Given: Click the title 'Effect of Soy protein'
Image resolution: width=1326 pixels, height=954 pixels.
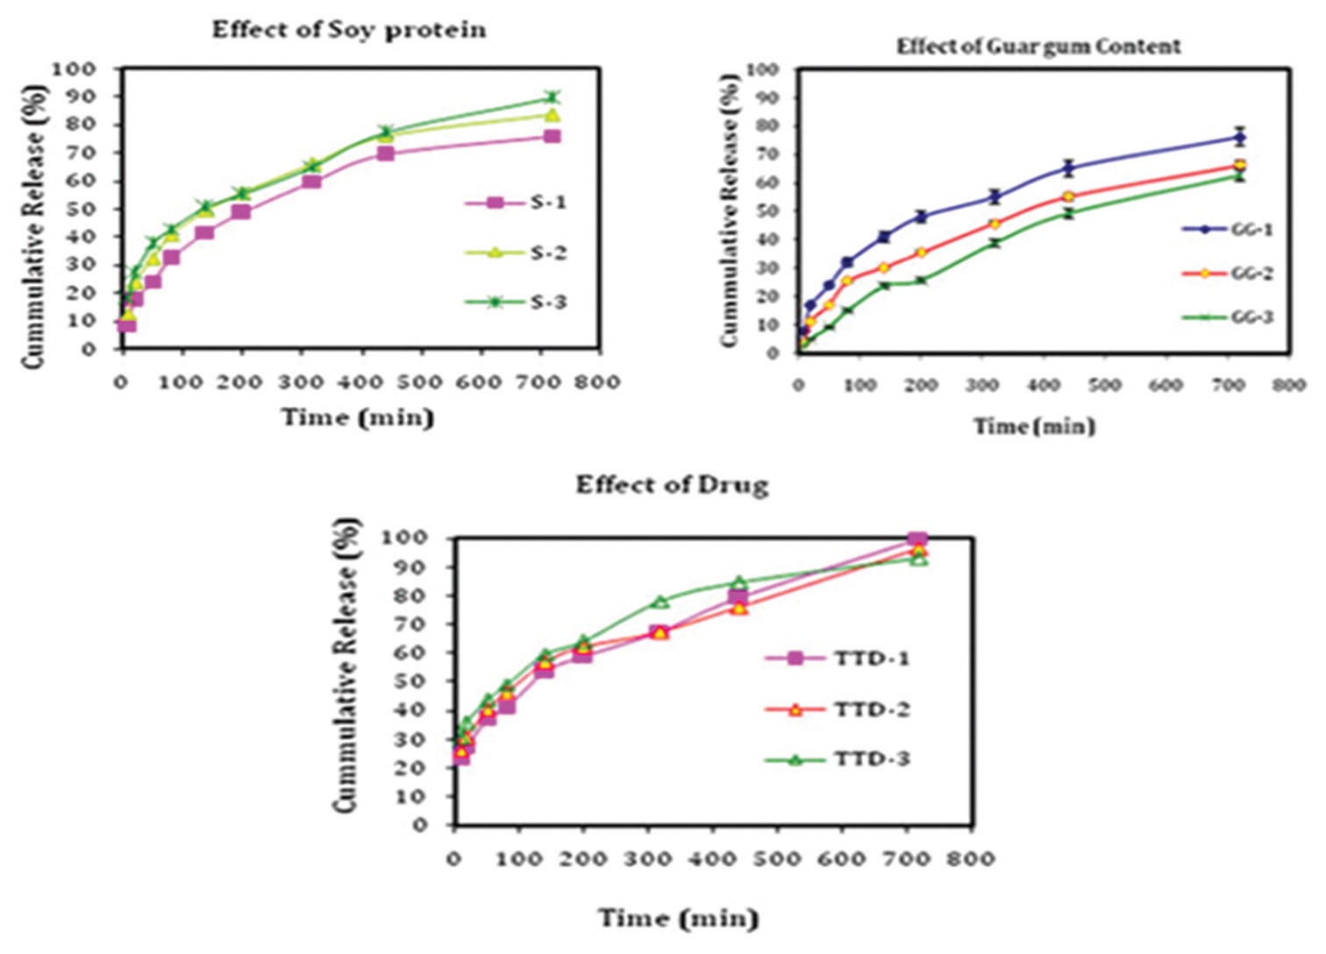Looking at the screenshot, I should point(349,30).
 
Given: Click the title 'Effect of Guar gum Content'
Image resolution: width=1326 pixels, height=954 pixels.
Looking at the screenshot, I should point(1038,46).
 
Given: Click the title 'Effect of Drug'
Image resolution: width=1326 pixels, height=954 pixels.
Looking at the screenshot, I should point(672,485).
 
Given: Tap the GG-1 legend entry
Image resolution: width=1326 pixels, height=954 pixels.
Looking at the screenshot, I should point(1227,230).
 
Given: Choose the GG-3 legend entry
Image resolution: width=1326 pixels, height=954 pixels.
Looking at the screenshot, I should point(1227,317).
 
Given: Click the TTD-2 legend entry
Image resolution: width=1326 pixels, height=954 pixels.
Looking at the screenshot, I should point(837,709).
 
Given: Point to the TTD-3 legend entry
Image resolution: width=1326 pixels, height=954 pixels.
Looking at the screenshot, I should point(837,759).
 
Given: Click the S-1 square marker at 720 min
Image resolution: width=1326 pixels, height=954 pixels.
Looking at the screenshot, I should point(552,136).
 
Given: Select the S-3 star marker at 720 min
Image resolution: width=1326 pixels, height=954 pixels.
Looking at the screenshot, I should point(552,97).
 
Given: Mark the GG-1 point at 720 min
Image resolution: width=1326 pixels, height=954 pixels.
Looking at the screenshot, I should point(1239,137).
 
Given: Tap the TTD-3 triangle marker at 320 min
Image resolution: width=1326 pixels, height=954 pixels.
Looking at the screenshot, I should point(660,602).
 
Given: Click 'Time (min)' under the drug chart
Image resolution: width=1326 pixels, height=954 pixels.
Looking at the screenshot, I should point(678,918).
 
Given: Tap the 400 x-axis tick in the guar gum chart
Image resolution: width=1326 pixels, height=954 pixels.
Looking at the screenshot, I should point(1043,385).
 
